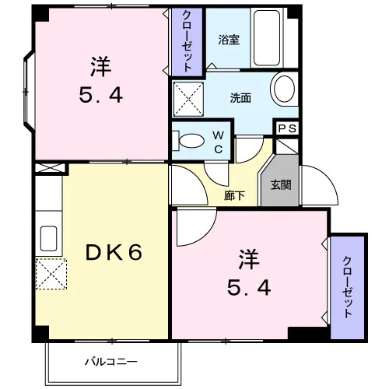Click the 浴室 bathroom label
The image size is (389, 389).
tap(229, 40)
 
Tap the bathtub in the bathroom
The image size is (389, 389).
tap(267, 38)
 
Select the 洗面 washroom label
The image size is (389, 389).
tap(240, 98)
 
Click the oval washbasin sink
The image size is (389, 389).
tap(285, 89)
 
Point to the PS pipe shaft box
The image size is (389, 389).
tap(287, 128)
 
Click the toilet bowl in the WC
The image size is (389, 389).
tap(192, 141)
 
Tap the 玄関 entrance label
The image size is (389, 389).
tap(281, 185)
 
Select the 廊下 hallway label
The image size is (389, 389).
tap(234, 195)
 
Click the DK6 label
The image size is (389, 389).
tap(114, 253)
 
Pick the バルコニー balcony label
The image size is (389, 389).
tap(111, 362)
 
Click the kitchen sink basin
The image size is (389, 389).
tap(49, 238)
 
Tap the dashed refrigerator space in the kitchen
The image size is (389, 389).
tap(51, 274)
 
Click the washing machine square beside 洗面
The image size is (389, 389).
tap(188, 99)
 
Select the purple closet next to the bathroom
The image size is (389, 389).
tap(187, 41)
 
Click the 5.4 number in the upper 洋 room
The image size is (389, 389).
tap(101, 95)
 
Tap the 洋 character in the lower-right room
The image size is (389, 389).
tap(249, 259)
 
